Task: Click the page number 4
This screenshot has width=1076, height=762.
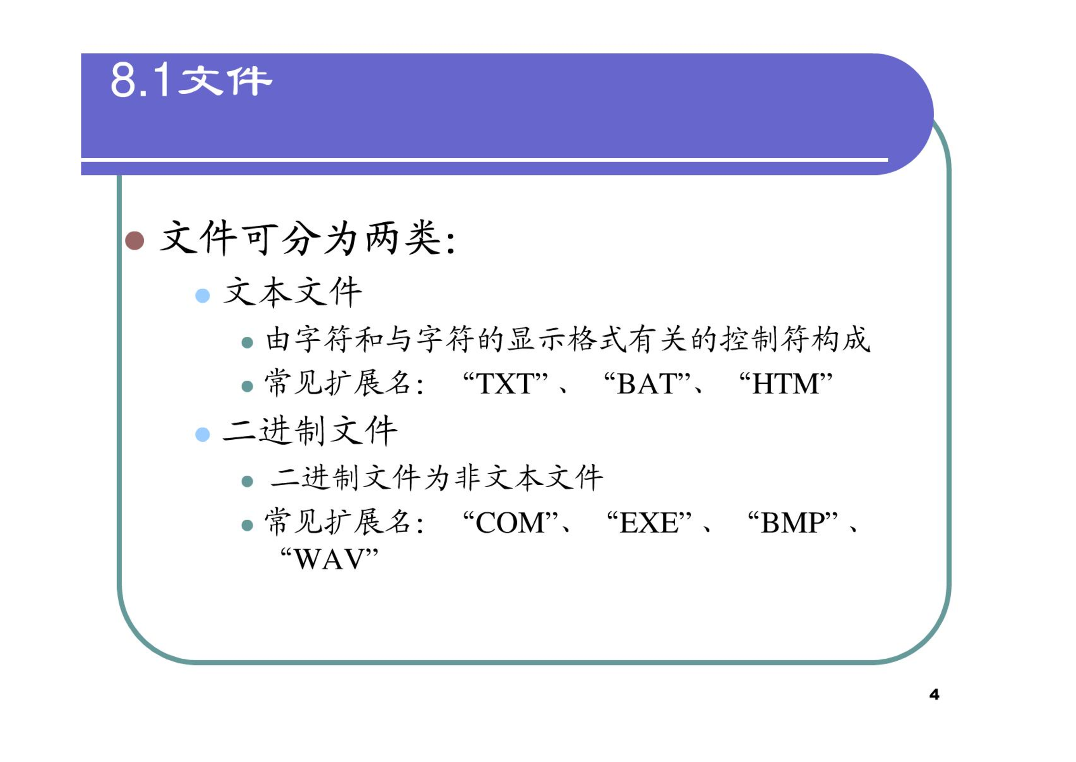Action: click(x=934, y=694)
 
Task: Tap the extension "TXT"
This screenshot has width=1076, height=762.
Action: click(x=505, y=383)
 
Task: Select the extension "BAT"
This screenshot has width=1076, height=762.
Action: click(x=647, y=383)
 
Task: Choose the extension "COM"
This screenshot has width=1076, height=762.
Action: click(x=510, y=523)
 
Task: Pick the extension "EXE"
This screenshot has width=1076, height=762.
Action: click(x=649, y=523)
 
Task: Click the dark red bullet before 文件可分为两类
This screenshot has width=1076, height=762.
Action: click(x=135, y=240)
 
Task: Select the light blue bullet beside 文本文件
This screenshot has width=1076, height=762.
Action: click(x=203, y=295)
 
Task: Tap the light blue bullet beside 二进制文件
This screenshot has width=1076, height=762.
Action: click(x=203, y=434)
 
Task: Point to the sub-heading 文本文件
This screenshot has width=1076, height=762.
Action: click(x=293, y=292)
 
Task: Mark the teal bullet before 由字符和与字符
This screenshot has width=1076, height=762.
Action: click(x=247, y=342)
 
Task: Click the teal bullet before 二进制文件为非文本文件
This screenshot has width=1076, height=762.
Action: click(x=247, y=481)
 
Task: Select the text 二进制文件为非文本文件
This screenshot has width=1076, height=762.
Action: click(x=436, y=478)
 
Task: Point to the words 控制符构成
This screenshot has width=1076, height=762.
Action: click(x=796, y=339)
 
